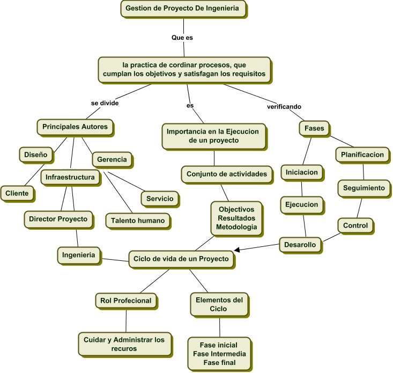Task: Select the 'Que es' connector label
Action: point(182,38)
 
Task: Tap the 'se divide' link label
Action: point(105,103)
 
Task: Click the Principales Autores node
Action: point(75,127)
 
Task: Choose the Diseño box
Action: point(35,155)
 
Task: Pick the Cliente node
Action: point(17,193)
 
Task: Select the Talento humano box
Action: point(138,220)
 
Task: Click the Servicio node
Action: point(160,198)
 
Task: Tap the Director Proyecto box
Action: point(58,219)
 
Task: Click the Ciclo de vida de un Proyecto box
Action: point(181,259)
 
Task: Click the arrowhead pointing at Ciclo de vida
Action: point(236,250)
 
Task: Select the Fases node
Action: point(314,128)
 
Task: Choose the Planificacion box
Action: point(362,155)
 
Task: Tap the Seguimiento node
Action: point(364,188)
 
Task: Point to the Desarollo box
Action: point(301,245)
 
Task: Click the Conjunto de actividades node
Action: point(226,174)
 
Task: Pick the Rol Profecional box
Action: point(125,301)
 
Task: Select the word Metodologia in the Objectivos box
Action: point(236,228)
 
